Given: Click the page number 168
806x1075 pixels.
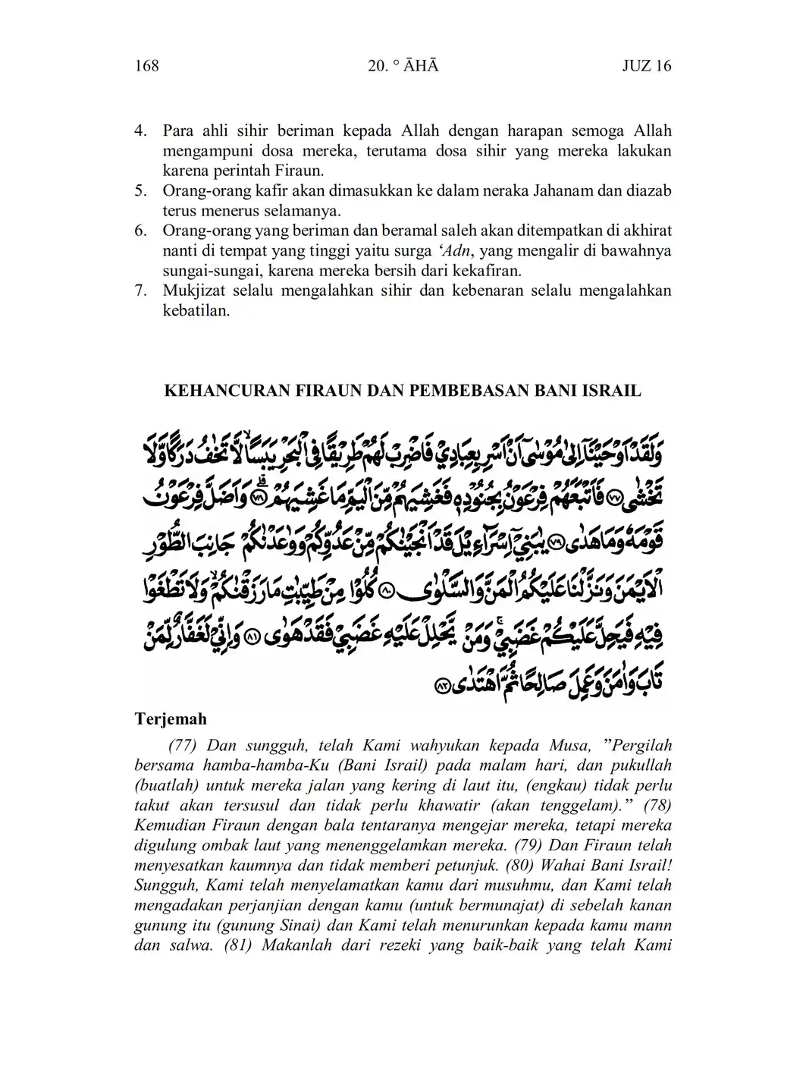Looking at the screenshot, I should (x=146, y=66).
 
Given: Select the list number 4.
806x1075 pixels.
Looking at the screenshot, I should (x=140, y=131).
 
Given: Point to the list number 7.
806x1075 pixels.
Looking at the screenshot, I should (x=140, y=291).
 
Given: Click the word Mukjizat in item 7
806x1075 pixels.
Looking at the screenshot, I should (x=193, y=291).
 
